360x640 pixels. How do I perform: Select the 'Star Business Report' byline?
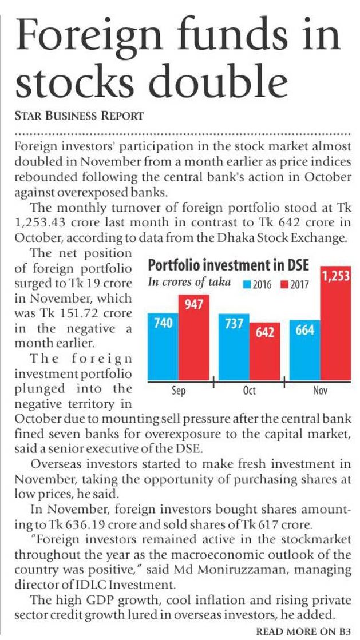(x=79, y=116)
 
